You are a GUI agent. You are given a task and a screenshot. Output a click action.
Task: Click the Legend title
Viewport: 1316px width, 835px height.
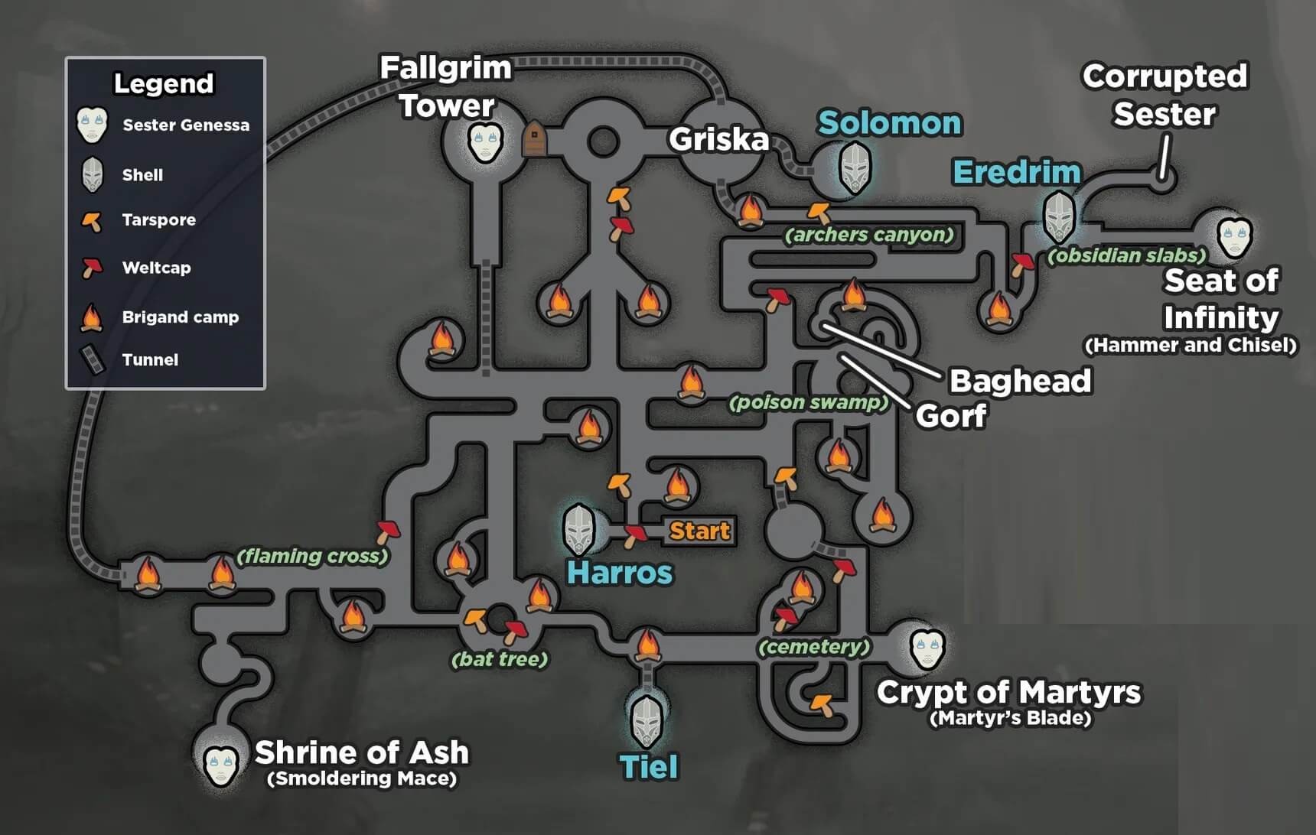pyautogui.click(x=164, y=83)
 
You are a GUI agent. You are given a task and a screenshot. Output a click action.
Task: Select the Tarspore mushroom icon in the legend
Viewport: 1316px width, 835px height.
pyautogui.click(x=92, y=221)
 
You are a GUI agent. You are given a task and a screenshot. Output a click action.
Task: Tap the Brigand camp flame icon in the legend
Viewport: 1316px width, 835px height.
pyautogui.click(x=92, y=317)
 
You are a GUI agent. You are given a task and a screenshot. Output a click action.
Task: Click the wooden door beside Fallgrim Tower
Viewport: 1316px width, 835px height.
pyautogui.click(x=534, y=141)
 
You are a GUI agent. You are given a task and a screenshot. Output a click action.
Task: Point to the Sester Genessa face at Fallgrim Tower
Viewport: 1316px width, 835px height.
pyautogui.click(x=485, y=142)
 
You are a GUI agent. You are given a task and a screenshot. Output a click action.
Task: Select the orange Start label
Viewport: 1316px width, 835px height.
pyautogui.click(x=699, y=531)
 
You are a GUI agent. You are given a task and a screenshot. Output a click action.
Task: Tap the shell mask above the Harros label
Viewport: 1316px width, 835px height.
pyautogui.click(x=579, y=529)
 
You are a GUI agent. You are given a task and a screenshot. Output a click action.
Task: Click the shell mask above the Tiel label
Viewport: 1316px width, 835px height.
pyautogui.click(x=647, y=721)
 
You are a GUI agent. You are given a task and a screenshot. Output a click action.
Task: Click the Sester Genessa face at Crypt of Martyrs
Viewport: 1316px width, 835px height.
pyautogui.click(x=927, y=648)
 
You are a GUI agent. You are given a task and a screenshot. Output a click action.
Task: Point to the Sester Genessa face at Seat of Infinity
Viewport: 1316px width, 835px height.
pyautogui.click(x=1234, y=236)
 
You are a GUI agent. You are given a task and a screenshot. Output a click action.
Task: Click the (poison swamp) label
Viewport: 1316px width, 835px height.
pyautogui.click(x=809, y=402)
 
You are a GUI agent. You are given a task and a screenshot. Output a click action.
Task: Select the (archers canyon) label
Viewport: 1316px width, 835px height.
pyautogui.click(x=869, y=235)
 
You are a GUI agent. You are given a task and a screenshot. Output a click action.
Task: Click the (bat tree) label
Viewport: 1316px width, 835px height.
pyautogui.click(x=500, y=659)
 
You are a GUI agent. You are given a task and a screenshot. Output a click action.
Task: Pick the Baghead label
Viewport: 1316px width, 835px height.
pyautogui.click(x=1020, y=381)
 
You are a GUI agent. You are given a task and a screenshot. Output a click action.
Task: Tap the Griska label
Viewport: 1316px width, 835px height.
pyautogui.click(x=718, y=139)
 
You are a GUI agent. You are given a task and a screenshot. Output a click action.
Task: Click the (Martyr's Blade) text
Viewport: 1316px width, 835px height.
pyautogui.click(x=1010, y=718)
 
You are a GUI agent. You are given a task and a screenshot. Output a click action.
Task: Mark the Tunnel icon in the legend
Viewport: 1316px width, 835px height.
pyautogui.click(x=93, y=360)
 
